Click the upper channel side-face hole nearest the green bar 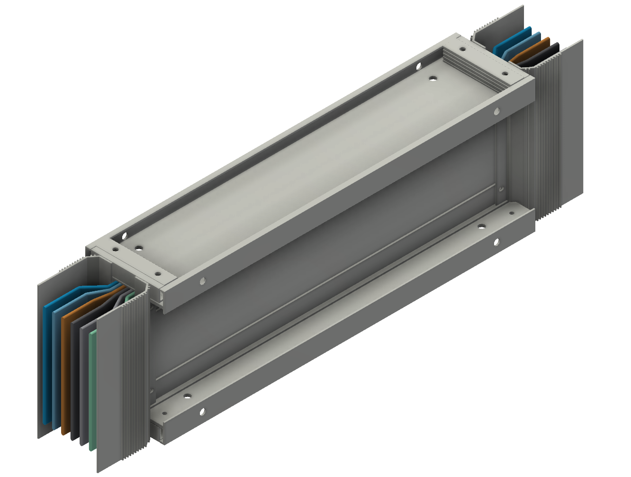click(203, 281)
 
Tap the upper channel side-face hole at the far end click(496, 111)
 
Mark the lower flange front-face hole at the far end click(497, 242)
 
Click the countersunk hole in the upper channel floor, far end click(432, 79)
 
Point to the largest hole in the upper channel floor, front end click(138, 247)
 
